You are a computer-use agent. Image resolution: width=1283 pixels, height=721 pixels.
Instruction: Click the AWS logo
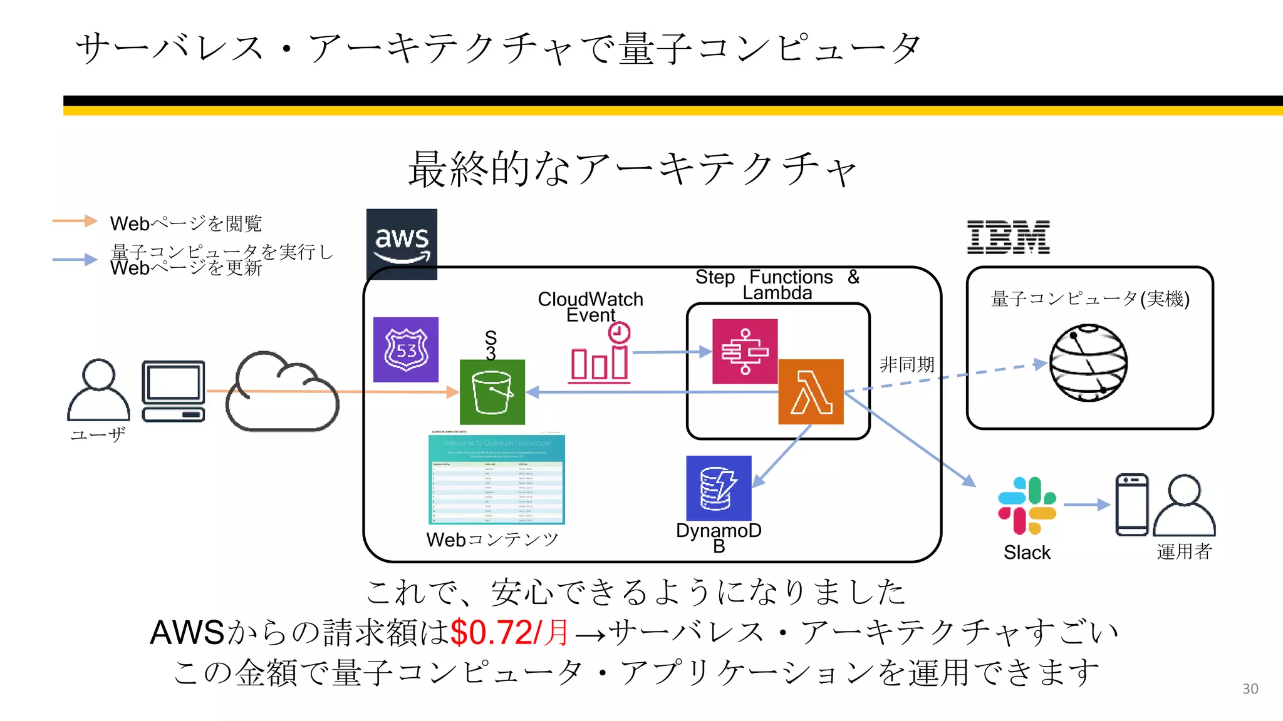click(402, 243)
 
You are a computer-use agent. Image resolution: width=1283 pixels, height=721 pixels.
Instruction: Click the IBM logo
click(1008, 237)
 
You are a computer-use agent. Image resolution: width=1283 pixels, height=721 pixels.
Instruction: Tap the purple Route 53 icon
click(406, 349)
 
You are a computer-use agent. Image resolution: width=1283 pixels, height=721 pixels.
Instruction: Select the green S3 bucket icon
click(492, 392)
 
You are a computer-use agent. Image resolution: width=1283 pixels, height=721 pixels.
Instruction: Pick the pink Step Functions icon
click(745, 351)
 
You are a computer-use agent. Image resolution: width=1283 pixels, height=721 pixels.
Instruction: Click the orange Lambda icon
click(811, 392)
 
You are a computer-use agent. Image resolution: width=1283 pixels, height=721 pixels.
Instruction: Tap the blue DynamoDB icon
click(719, 488)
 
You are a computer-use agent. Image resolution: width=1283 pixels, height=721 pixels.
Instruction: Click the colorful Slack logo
click(1027, 506)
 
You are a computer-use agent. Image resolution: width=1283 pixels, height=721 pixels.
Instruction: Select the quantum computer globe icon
click(1088, 363)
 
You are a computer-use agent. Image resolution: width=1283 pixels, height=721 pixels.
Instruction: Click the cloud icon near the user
click(282, 393)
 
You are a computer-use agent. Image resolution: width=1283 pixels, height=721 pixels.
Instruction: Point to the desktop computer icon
click(174, 391)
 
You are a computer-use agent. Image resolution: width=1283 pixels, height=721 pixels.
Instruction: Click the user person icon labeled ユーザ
click(98, 390)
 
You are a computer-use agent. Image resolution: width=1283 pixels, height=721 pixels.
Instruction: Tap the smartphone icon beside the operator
click(1131, 504)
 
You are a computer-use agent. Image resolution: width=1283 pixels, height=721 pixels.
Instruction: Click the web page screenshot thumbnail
click(496, 479)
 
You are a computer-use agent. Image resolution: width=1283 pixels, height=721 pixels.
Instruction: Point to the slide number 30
click(1250, 688)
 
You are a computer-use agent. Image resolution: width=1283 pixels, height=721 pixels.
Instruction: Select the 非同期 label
click(906, 364)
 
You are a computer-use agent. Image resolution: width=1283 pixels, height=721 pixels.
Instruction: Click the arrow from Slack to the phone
click(1086, 504)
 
